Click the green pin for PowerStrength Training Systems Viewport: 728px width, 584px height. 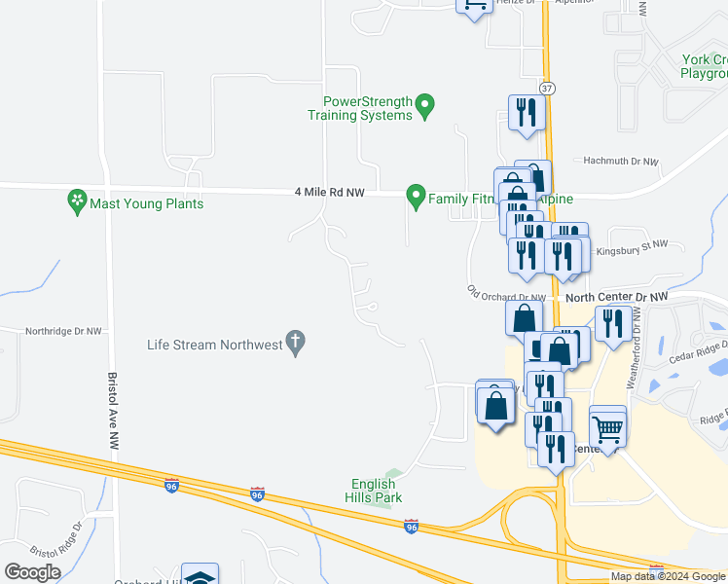pos(424,104)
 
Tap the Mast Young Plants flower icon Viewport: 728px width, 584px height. pos(76,201)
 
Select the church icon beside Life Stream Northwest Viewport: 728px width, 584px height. pos(296,342)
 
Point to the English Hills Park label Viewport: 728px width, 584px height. pos(374,491)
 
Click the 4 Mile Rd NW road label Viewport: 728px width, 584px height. pos(329,193)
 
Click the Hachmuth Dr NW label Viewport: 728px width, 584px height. pos(620,162)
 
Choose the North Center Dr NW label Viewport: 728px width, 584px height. pos(617,297)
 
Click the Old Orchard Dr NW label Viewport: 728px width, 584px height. pos(506,294)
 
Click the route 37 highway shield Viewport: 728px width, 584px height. pos(548,88)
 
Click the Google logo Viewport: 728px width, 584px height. pos(32,571)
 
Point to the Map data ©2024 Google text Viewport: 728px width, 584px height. pos(667,576)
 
